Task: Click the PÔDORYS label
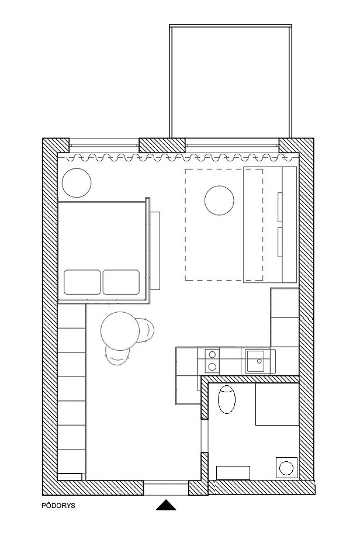[58, 506]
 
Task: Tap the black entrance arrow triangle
[166, 506]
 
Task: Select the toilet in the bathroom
[227, 399]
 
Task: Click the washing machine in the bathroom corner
[286, 468]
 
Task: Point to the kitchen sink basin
[255, 361]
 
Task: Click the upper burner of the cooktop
[212, 355]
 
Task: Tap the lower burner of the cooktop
[212, 367]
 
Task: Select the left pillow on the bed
[82, 282]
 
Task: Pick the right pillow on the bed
[121, 282]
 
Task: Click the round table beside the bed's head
[77, 183]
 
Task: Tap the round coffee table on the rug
[219, 201]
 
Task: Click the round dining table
[120, 331]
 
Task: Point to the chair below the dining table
[117, 356]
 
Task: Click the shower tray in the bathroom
[277, 405]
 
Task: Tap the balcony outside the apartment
[230, 81]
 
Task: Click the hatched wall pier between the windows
[162, 145]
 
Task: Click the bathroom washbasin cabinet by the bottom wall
[233, 473]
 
